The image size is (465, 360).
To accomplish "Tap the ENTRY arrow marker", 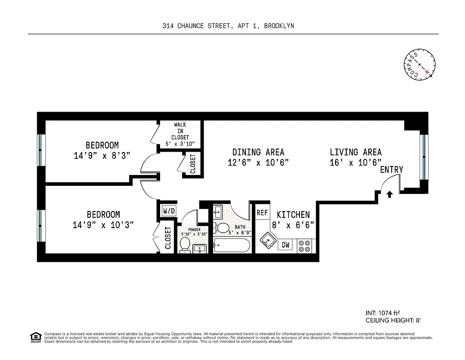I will point(389,194).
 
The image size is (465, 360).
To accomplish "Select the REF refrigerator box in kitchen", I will point(262,212).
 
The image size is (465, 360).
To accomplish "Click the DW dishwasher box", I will point(286,245).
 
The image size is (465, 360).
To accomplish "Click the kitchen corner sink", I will point(268,240).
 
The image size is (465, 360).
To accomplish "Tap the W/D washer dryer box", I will point(169,210).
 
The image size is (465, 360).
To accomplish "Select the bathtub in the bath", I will point(232,246).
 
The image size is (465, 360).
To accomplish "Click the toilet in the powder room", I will point(185,245).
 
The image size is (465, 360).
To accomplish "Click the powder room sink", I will point(200,248).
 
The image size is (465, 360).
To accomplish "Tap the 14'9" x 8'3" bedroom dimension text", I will point(102,156).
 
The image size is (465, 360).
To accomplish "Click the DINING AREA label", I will point(258,153).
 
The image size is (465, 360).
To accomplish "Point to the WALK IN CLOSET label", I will point(180,131).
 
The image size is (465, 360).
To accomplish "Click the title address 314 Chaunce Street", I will point(228,26).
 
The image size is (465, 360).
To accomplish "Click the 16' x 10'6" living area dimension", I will point(355,162).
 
